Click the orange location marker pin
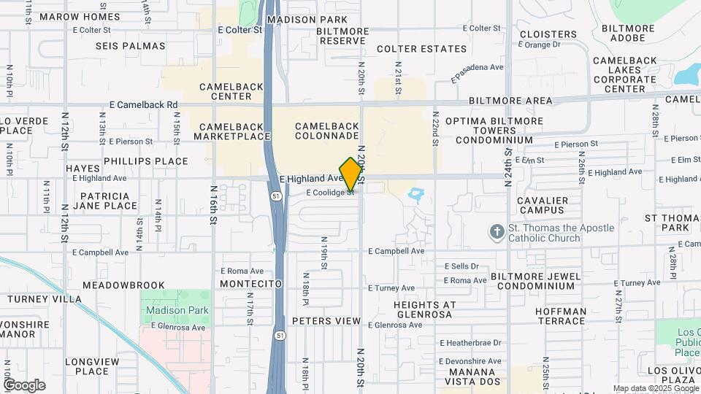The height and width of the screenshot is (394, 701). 350,174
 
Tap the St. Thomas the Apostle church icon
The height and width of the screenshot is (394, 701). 497,232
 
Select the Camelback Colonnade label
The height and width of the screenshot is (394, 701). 327,131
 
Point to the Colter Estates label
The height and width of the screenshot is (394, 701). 421,49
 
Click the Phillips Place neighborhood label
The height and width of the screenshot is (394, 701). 145,161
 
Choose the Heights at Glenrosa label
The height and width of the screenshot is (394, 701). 424,309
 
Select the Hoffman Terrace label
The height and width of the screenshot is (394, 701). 560,316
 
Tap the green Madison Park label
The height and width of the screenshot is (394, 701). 177,310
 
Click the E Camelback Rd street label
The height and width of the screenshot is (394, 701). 143,105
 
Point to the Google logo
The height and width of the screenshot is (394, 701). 24,385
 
